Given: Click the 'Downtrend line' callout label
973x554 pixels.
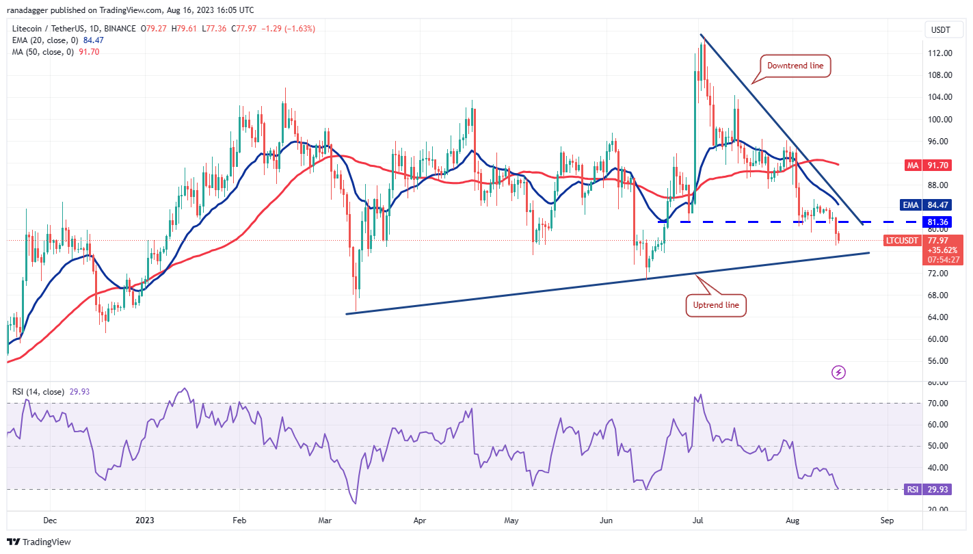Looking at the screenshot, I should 795,66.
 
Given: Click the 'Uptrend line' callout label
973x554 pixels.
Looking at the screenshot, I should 716,305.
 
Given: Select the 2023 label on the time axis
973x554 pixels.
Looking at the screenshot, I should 146,520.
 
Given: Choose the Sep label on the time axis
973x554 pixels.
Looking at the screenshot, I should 887,520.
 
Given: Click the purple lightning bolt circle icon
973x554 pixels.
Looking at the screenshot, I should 839,373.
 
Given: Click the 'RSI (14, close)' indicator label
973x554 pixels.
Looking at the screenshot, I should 38,392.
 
